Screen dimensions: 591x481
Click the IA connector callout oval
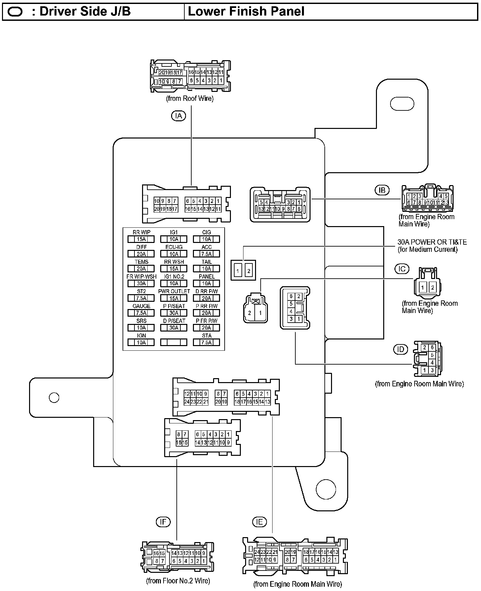178,116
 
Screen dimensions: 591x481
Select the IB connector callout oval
382,190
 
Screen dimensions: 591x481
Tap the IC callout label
402,269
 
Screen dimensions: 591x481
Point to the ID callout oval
401,349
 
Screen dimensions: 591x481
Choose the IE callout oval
259,522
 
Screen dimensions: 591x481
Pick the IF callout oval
163,522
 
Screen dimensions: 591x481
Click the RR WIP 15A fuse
141,239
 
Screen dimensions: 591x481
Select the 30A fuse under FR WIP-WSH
141,284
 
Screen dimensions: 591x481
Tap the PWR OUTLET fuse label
174,291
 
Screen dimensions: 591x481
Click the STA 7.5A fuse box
206,342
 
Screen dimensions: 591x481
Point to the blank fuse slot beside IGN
174,342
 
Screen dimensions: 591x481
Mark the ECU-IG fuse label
174,247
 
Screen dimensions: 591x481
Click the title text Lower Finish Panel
246,11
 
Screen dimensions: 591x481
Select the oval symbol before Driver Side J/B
15,12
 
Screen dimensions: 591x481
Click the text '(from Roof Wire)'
190,98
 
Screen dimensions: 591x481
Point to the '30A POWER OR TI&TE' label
432,242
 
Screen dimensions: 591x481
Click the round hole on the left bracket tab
54,397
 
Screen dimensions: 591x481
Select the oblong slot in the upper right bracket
402,104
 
